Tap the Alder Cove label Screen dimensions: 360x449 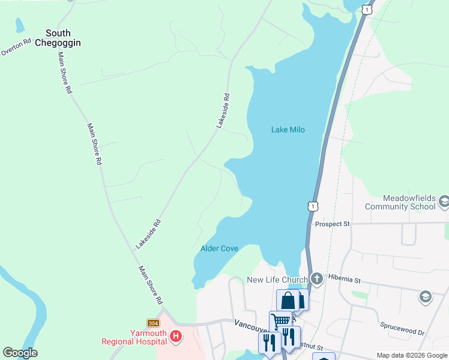pos(219,248)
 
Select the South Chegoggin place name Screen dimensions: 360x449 pos(58,38)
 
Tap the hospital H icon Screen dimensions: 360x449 pos(175,337)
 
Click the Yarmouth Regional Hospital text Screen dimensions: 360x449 pos(134,337)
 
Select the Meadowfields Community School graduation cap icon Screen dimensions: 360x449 pos(443,202)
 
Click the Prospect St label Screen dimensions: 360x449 pos(332,224)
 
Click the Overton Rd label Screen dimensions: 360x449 pos(16,48)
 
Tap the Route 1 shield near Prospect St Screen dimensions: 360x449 pos(312,206)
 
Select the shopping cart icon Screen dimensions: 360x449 pos(280,321)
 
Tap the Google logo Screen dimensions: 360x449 pos(20,353)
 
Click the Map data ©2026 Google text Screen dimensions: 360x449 pos(412,355)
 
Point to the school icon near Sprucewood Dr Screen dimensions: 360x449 pos(425,297)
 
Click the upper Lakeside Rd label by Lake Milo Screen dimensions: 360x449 pos(223,110)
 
